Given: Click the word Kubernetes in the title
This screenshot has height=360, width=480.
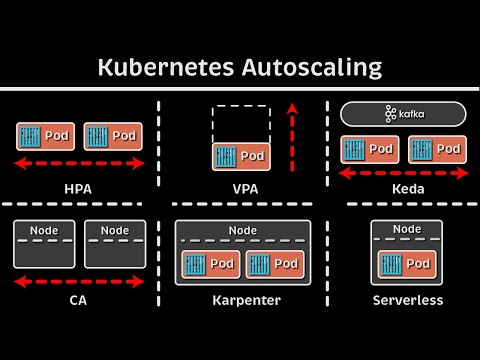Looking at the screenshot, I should [163, 68].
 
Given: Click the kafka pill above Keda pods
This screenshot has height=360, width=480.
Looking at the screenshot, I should [403, 114].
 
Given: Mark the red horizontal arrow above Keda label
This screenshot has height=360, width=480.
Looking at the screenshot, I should [403, 173].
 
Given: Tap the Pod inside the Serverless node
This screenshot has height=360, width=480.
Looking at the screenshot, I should [405, 264].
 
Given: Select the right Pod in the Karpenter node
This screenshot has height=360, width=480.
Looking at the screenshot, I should [273, 264].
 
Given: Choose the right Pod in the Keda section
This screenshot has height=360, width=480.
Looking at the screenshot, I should [437, 149].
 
